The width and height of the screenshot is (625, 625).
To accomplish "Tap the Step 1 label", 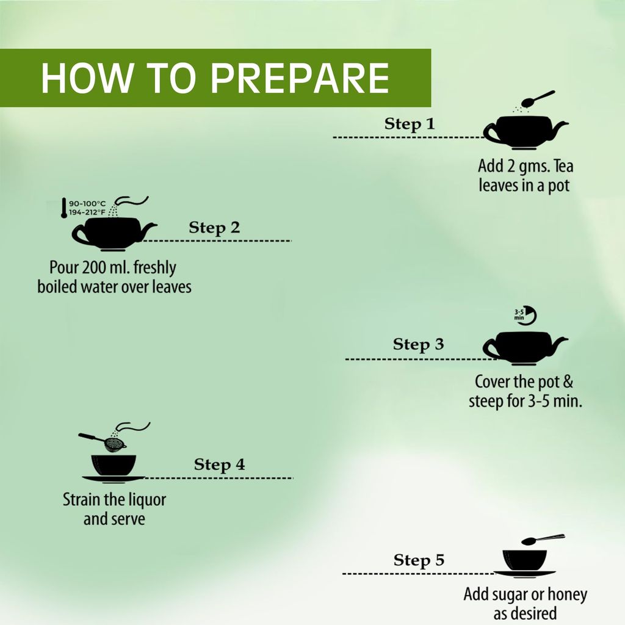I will coord(409,124).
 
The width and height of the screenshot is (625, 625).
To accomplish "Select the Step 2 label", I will coord(214,228).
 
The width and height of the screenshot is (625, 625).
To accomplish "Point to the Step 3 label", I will coord(418,344).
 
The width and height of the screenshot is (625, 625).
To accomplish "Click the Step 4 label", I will coord(219,464).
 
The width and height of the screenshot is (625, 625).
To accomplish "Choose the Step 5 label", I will coord(419,560).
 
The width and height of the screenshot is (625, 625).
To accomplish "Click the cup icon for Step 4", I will coord(113,467).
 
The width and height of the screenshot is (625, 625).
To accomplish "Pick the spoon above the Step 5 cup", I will coord(542,540).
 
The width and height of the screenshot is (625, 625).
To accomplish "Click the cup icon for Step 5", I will coord(524,562).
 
